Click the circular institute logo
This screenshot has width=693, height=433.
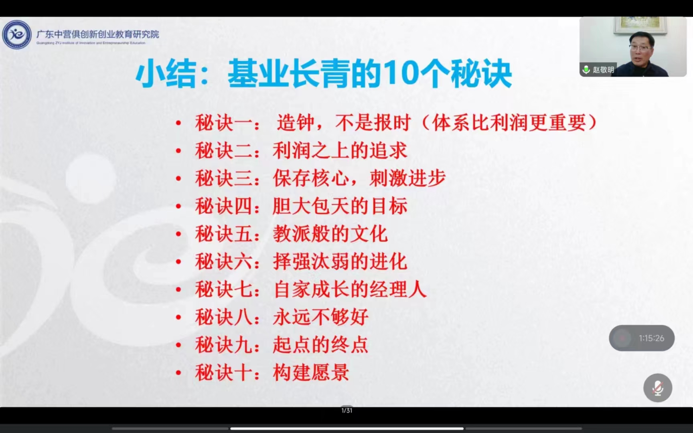click(17, 34)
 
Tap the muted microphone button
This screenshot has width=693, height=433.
click(658, 388)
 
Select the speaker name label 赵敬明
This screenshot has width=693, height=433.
click(603, 70)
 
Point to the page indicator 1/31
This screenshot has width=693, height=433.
click(347, 410)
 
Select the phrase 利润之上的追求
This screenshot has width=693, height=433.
click(340, 151)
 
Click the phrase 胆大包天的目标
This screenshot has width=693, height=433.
click(340, 206)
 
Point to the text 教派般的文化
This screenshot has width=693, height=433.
click(330, 234)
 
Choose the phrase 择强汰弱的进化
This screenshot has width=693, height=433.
click(340, 261)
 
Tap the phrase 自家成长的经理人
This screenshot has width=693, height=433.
click(350, 289)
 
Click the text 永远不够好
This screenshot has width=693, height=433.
click(321, 317)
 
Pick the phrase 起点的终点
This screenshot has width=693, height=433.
click(321, 344)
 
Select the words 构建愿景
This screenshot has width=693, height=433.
click(311, 372)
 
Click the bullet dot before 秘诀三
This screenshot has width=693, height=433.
click(179, 179)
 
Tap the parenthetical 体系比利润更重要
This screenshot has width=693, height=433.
click(510, 123)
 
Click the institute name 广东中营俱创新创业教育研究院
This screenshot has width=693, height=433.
click(98, 34)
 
